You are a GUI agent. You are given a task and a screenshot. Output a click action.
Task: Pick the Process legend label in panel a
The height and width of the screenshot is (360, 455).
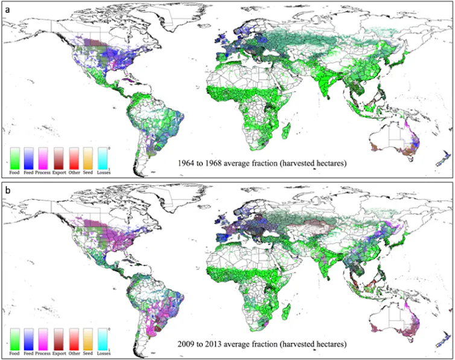(x=46, y=173)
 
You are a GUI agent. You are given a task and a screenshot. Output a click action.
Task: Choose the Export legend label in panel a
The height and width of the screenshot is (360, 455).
(x=60, y=173)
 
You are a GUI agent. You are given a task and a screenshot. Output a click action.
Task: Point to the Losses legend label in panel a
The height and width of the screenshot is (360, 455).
(x=104, y=173)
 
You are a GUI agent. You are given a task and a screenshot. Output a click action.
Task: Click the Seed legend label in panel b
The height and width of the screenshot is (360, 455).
(x=89, y=352)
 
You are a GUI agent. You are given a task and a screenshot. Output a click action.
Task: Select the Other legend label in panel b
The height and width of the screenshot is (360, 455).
(x=75, y=352)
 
